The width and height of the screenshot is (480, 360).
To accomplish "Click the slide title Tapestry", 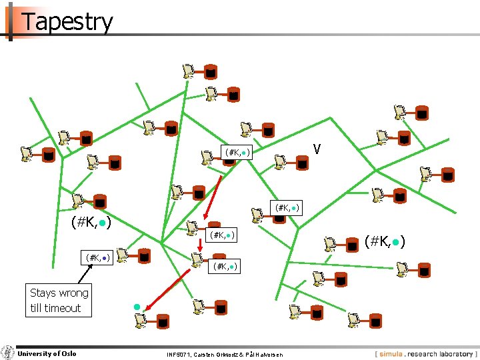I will pos(67,21).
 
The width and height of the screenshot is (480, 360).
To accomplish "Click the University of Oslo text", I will pos(47,353).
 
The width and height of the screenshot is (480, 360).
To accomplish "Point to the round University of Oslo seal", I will pos(7,353).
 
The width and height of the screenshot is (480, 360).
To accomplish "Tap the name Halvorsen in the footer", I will pos(267,354).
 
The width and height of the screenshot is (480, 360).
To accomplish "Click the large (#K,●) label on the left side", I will pos(90,221).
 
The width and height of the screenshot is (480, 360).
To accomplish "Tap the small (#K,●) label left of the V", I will pos(237,153).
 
